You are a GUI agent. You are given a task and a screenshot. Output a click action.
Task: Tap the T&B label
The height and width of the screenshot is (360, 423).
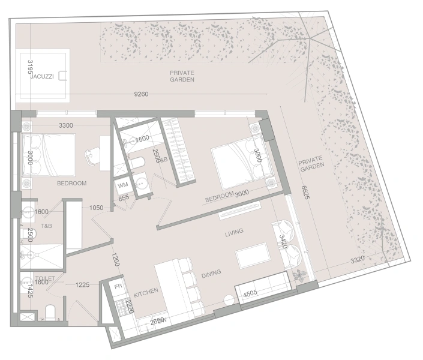pos(46,226)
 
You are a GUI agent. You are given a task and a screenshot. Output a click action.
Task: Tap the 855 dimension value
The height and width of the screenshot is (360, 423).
pos(123,198)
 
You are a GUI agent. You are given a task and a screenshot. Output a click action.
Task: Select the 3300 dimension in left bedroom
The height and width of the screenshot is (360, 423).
pos(65,126)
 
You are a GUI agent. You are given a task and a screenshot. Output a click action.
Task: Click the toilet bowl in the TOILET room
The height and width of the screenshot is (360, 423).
pos(52,312)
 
